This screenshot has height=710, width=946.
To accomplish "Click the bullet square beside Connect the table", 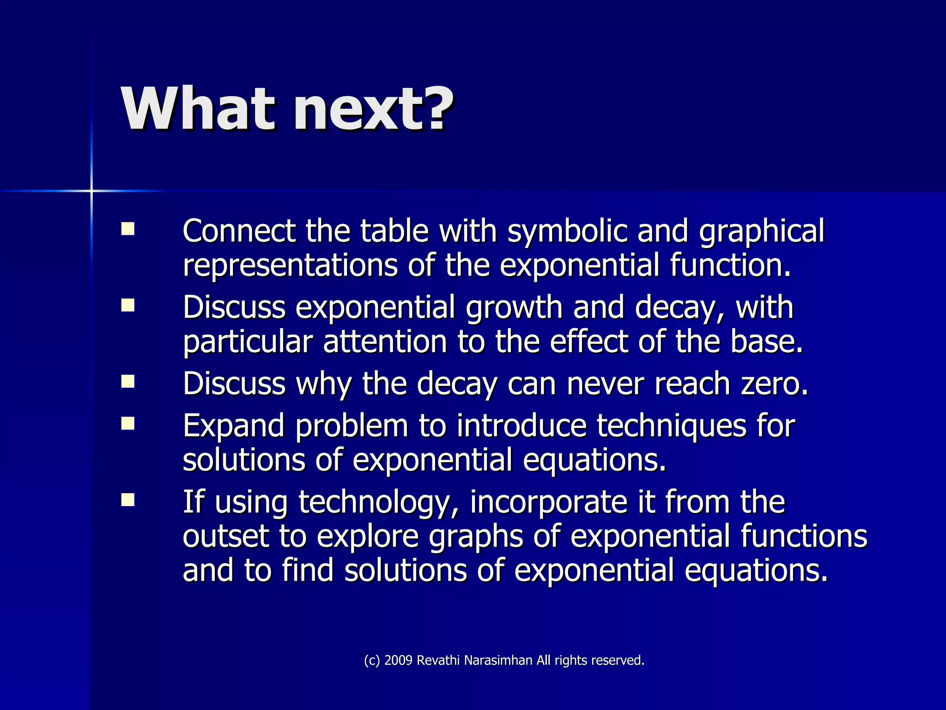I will [x=128, y=229].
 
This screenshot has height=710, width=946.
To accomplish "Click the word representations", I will [x=290, y=266].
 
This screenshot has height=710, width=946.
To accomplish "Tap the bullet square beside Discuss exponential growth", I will [x=128, y=306].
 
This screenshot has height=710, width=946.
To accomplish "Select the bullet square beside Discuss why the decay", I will [x=128, y=382].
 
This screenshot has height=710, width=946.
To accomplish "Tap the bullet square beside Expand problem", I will [x=128, y=423].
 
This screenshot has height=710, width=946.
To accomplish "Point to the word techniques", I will [x=671, y=426].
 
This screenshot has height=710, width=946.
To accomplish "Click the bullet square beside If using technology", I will [x=128, y=500].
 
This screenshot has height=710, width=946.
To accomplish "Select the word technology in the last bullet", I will [x=374, y=503].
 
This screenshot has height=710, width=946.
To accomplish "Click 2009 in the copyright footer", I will [x=398, y=661].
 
